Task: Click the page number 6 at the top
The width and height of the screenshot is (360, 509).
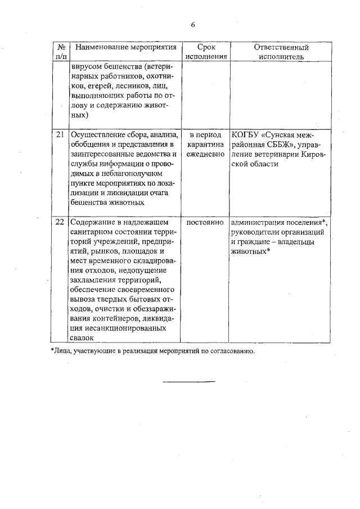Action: (192, 25)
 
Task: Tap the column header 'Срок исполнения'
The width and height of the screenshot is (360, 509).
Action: (205, 52)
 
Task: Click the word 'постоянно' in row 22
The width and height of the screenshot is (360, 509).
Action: (205, 222)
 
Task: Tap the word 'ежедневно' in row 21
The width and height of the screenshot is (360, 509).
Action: (205, 154)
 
